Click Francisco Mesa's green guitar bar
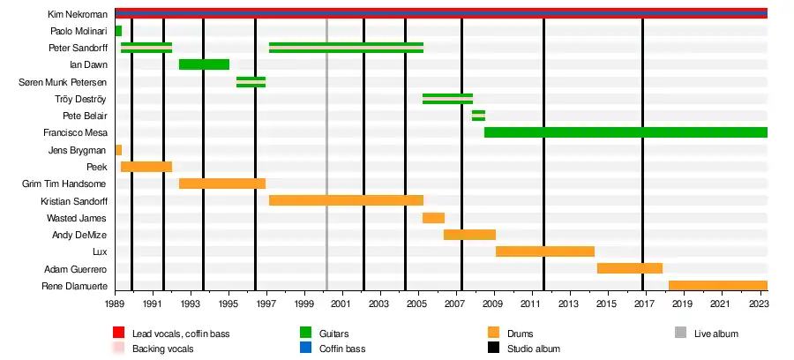pyautogui.click(x=625, y=132)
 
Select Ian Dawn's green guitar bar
pyautogui.click(x=204, y=64)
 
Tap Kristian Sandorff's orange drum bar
pyautogui.click(x=346, y=200)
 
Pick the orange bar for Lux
pyautogui.click(x=544, y=251)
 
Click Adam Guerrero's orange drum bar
pyautogui.click(x=629, y=268)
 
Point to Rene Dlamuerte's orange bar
pyautogui.click(x=717, y=285)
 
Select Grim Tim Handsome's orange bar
pyautogui.click(x=221, y=184)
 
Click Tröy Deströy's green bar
pyautogui.click(x=447, y=99)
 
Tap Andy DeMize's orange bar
pyautogui.click(x=469, y=235)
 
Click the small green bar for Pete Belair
pyautogui.click(x=478, y=116)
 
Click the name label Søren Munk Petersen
pyautogui.click(x=63, y=82)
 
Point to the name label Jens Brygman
pyautogui.click(x=78, y=150)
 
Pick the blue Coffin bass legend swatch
pyautogui.click(x=307, y=349)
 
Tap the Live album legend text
pyautogui.click(x=715, y=334)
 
